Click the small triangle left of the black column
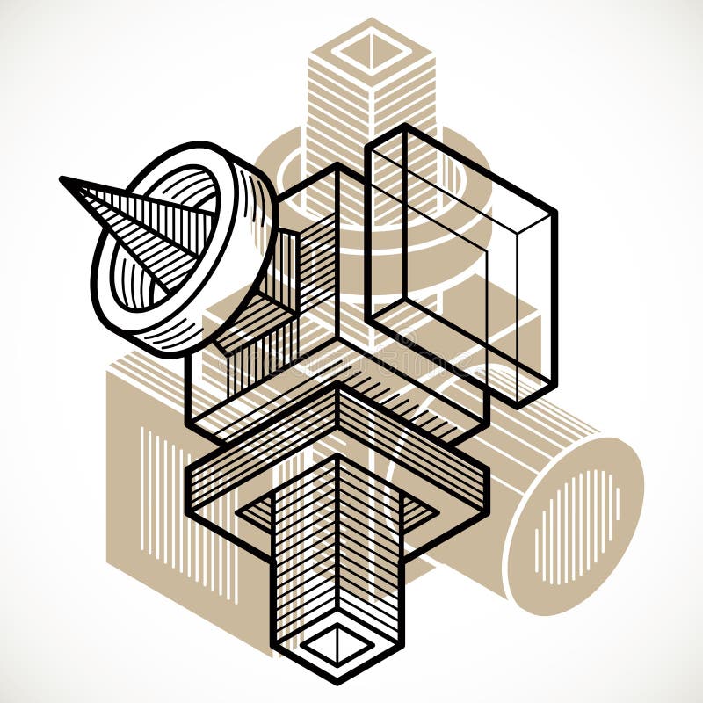click(x=255, y=510)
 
